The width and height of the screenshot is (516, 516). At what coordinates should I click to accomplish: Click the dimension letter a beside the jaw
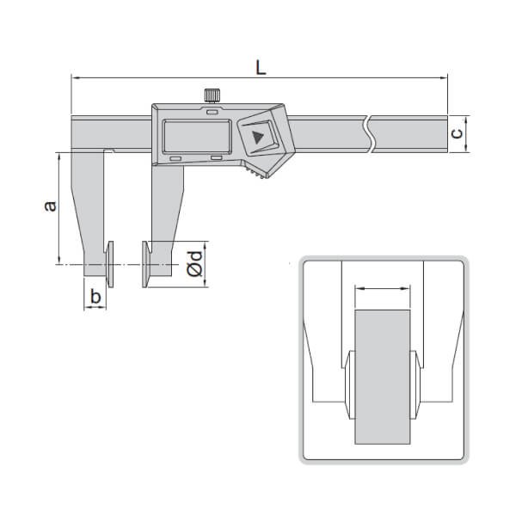point(50,206)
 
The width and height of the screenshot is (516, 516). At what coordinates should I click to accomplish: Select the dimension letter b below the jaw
point(95,298)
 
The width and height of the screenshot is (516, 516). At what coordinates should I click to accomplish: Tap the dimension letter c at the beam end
point(458,132)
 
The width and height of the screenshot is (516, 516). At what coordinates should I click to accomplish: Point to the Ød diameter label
point(195,262)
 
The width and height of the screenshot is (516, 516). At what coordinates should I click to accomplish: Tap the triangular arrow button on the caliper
point(258,137)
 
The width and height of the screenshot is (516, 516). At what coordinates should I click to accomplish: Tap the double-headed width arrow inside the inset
point(384,291)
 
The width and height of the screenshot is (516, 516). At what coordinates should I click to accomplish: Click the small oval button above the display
point(212,111)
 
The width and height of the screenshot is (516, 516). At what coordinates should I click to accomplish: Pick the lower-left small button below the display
point(175,158)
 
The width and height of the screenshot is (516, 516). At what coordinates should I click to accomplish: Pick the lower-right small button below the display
point(216,158)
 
